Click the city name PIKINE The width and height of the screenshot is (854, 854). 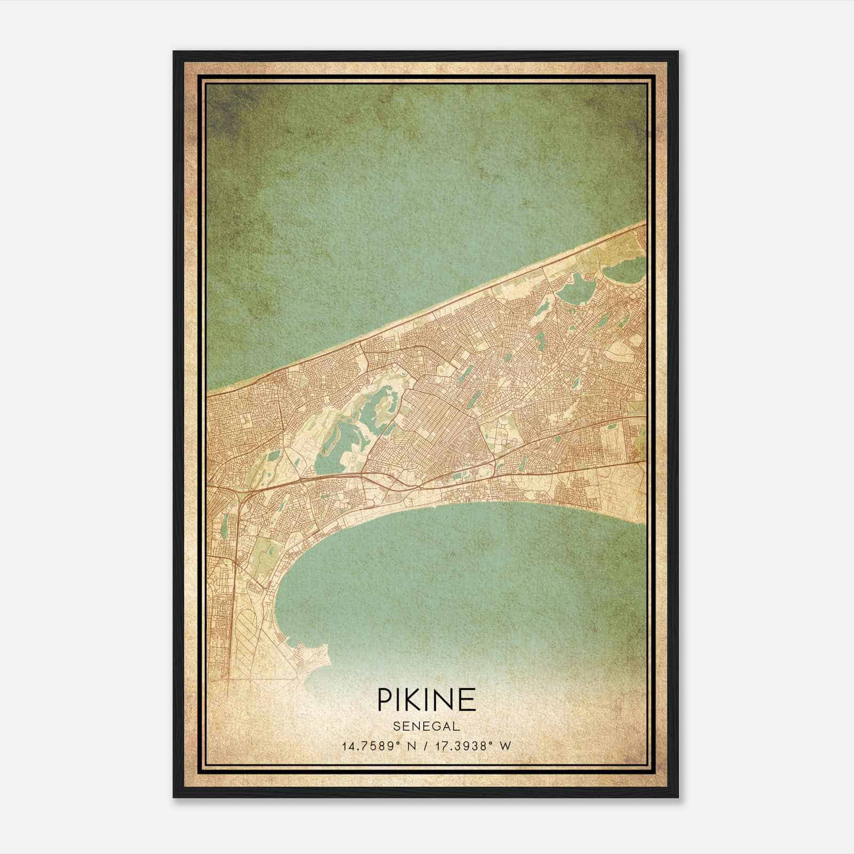click(x=426, y=699)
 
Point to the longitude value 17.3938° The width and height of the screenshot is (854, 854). click(x=463, y=746)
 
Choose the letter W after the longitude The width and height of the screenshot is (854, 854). click(x=505, y=746)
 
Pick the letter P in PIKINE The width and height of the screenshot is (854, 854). click(x=385, y=699)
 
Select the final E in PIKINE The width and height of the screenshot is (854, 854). click(x=468, y=699)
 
